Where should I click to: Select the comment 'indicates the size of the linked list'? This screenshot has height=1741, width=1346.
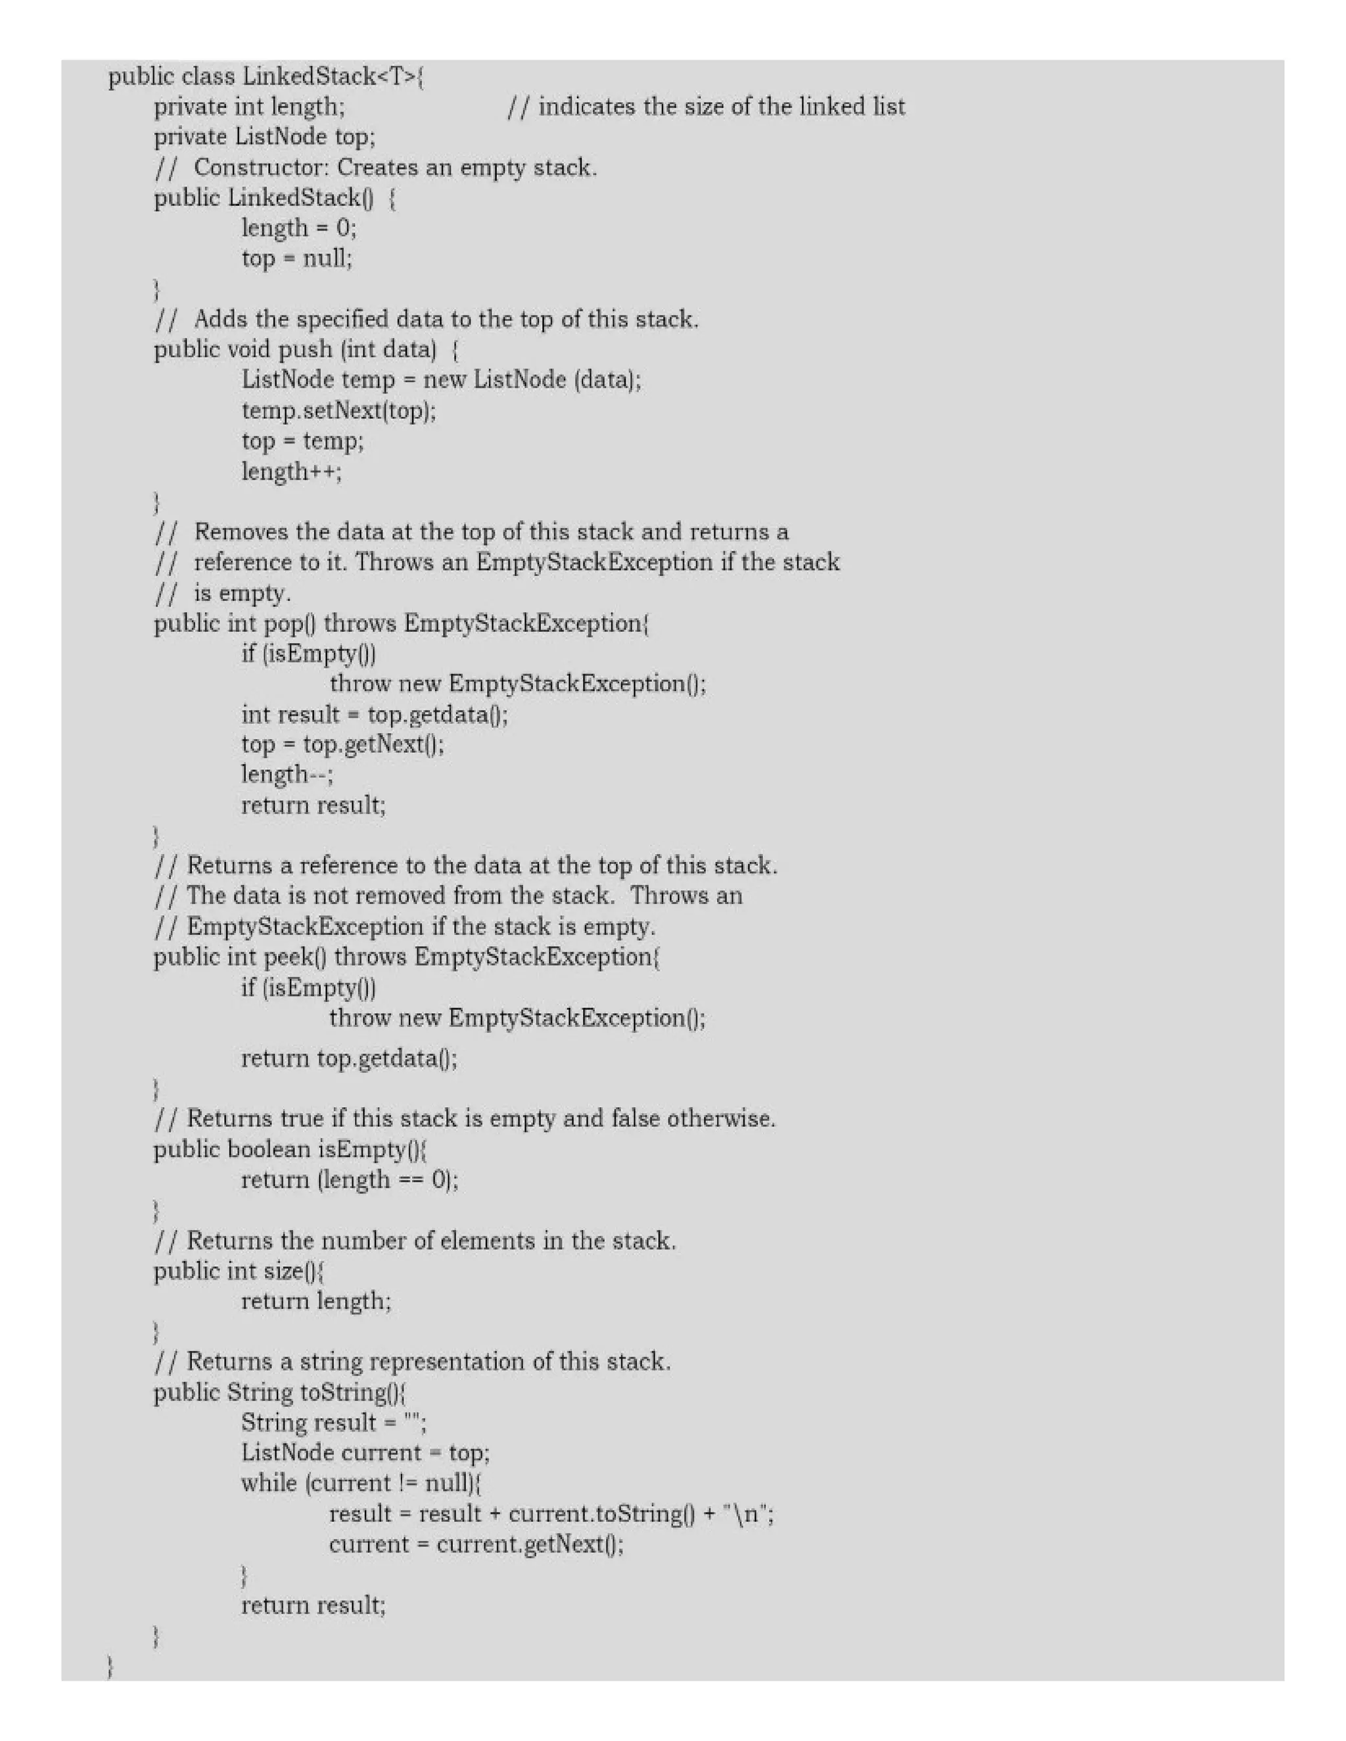tap(722, 107)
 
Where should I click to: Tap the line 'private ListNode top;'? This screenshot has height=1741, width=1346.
tap(264, 137)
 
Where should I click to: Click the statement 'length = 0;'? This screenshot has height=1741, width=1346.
tap(299, 229)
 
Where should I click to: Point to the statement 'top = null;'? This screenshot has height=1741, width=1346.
tap(296, 259)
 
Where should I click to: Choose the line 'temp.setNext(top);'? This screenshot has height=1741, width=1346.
tap(339, 411)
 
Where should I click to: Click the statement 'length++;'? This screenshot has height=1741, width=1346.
tap(292, 472)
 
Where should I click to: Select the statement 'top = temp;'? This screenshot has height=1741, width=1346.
tap(302, 441)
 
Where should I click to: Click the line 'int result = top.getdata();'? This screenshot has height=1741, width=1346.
tap(374, 714)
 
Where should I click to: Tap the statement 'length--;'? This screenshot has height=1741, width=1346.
tap(287, 775)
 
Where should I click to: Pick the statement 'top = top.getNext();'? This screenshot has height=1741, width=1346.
tap(343, 744)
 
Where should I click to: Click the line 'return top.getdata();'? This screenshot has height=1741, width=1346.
tap(349, 1058)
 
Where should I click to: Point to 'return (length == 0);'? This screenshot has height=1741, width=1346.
tap(350, 1180)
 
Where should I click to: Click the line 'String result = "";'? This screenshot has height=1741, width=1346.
tap(334, 1423)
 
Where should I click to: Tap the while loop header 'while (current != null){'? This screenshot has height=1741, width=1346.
tap(362, 1483)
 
